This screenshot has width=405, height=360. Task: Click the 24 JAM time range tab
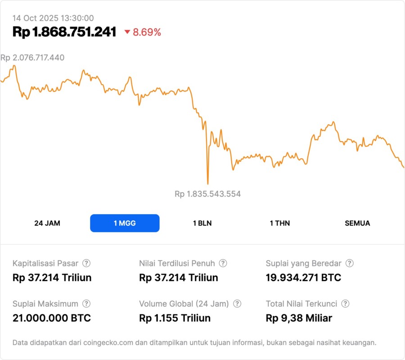[47, 223]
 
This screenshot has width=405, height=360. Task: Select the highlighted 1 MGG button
[125, 223]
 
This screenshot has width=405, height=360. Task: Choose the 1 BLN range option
[202, 223]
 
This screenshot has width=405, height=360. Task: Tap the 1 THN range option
[280, 223]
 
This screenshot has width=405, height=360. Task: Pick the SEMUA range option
[357, 223]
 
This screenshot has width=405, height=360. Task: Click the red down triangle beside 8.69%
[127, 32]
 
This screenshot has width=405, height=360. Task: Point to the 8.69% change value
[147, 32]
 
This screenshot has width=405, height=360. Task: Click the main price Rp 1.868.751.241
[64, 32]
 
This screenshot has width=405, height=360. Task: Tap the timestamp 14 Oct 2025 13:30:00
[53, 18]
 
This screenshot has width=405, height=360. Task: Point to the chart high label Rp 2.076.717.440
[32, 58]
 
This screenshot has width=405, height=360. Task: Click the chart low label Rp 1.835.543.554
[207, 194]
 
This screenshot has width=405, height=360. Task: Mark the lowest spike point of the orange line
[207, 184]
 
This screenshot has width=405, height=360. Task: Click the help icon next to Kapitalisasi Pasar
[86, 263]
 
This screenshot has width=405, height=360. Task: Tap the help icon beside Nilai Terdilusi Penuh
[223, 263]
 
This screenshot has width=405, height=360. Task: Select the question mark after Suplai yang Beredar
[349, 263]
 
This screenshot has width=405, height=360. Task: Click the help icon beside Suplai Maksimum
[86, 304]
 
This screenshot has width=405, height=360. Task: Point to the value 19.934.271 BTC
[303, 278]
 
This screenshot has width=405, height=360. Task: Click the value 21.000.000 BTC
[52, 318]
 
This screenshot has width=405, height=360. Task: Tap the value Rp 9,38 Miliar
[299, 318]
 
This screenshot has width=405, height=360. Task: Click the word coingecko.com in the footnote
[108, 342]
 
